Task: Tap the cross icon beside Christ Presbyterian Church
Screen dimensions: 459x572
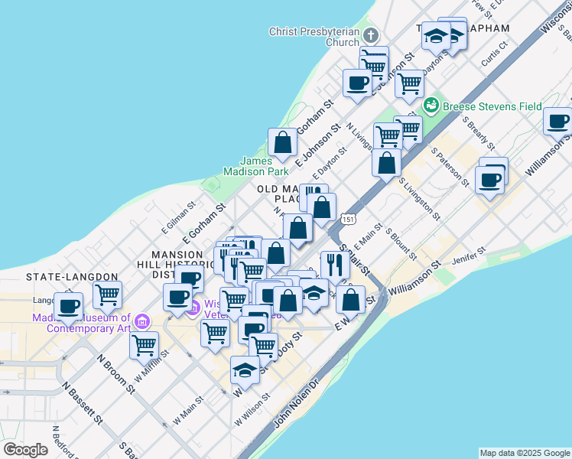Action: [370, 35]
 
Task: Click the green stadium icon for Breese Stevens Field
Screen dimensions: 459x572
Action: [431, 104]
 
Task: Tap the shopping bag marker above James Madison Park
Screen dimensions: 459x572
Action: [282, 142]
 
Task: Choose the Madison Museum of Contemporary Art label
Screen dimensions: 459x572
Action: [78, 323]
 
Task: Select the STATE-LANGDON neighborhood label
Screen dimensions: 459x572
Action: [72, 276]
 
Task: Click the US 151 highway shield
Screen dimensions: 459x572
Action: [348, 220]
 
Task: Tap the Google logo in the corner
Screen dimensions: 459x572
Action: [26, 450]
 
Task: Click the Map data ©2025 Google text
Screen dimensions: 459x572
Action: [525, 453]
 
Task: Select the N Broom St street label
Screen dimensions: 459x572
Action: [115, 373]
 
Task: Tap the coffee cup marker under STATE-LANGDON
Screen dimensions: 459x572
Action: [68, 306]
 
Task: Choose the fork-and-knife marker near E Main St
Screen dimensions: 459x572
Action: [334, 265]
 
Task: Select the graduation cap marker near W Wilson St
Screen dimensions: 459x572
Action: [245, 369]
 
